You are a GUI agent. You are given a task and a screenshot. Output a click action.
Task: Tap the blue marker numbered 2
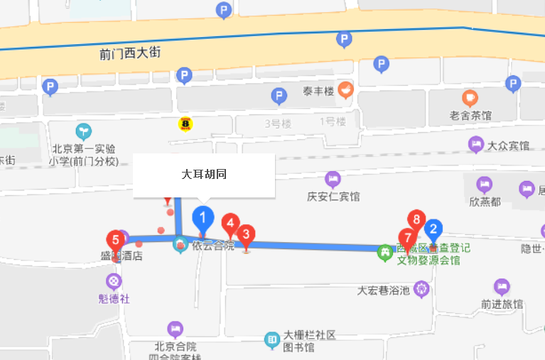(433, 229)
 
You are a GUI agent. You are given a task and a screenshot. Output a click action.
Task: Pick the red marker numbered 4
(230, 225)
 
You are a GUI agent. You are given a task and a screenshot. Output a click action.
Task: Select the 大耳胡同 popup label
(204, 174)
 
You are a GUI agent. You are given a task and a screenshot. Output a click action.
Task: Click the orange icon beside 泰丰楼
(345, 89)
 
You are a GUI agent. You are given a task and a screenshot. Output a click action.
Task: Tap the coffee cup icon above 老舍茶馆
(470, 98)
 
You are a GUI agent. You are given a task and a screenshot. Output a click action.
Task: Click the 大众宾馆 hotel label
(508, 146)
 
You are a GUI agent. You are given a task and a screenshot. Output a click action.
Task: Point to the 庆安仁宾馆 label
(333, 197)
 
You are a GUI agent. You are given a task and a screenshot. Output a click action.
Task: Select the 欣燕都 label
(485, 202)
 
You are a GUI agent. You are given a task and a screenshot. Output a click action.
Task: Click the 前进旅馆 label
(502, 304)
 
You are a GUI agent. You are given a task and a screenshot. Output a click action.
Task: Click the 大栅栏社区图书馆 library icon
(272, 340)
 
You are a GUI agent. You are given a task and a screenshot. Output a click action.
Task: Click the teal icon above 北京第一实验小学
(84, 131)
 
